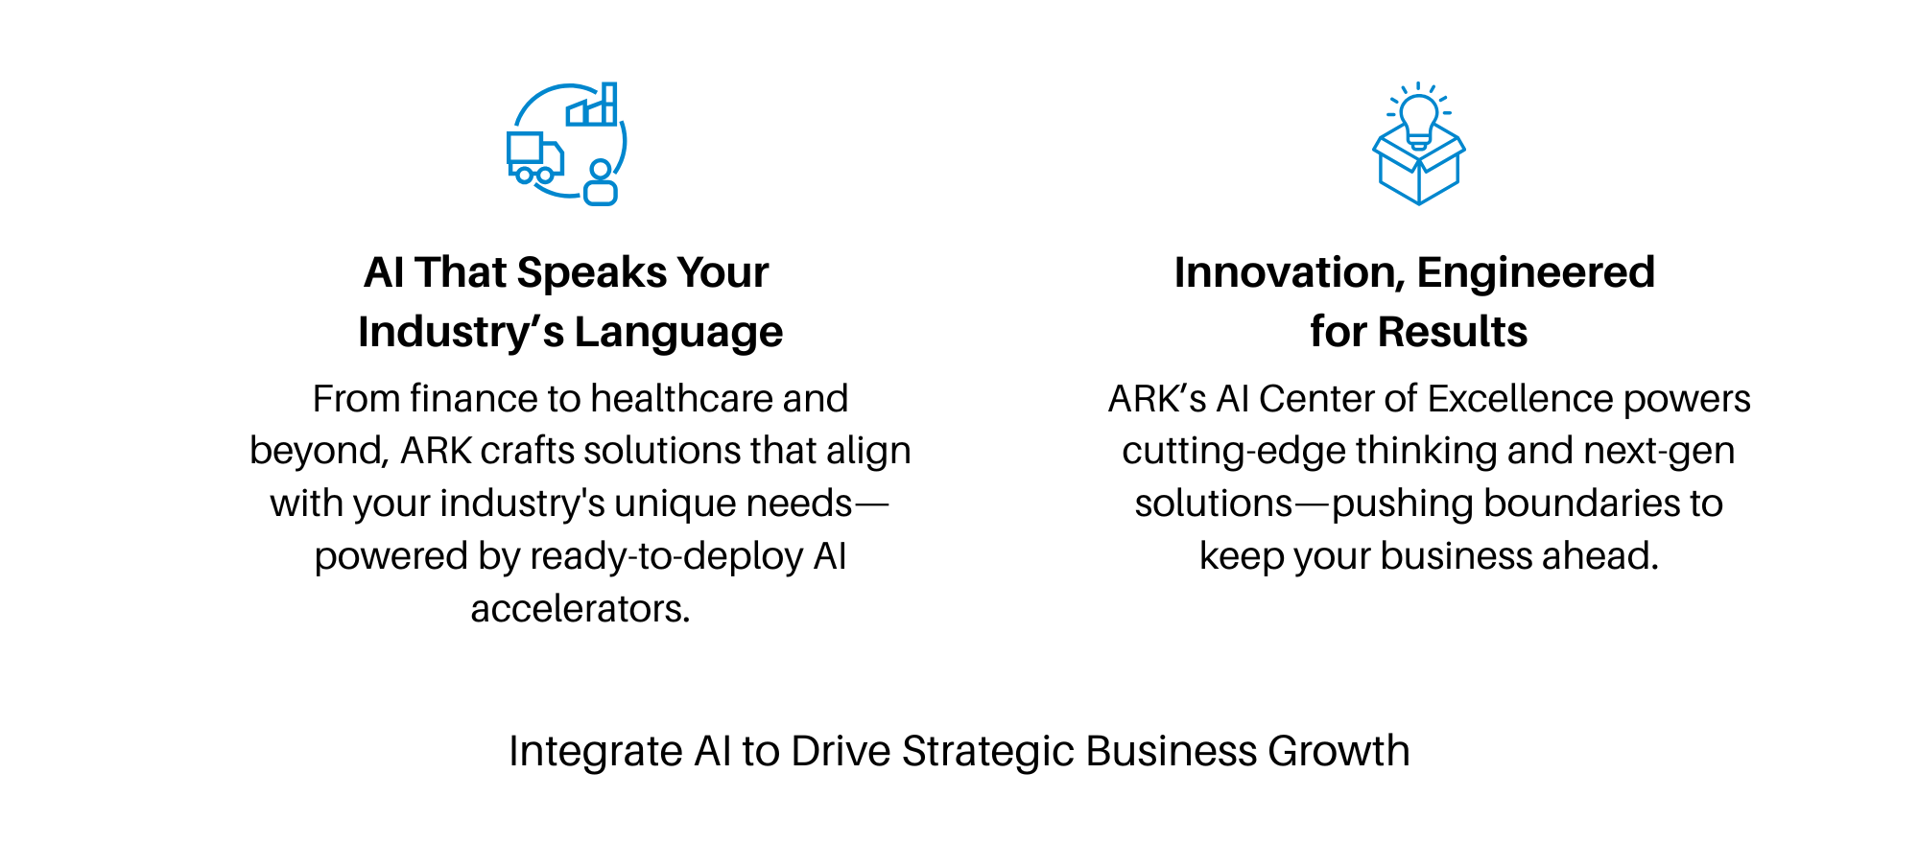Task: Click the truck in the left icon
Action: pyautogui.click(x=534, y=157)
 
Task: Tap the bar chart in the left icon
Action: pyautogui.click(x=592, y=105)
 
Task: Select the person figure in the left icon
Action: pyautogui.click(x=601, y=182)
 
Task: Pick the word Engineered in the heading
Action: pyautogui.click(x=1536, y=273)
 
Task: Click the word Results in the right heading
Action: pyautogui.click(x=1453, y=332)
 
